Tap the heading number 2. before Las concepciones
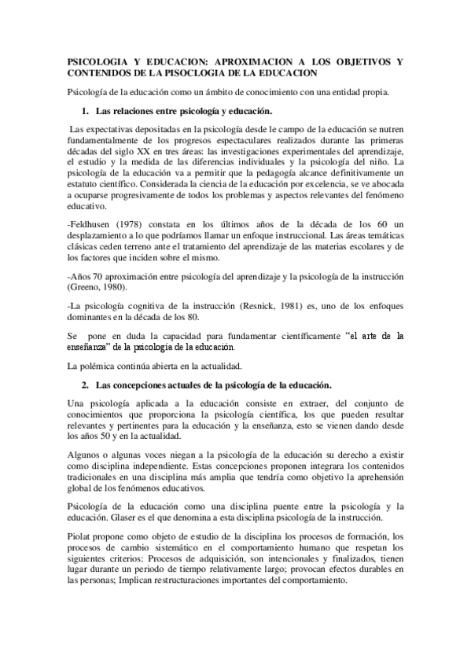pos(86,385)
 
